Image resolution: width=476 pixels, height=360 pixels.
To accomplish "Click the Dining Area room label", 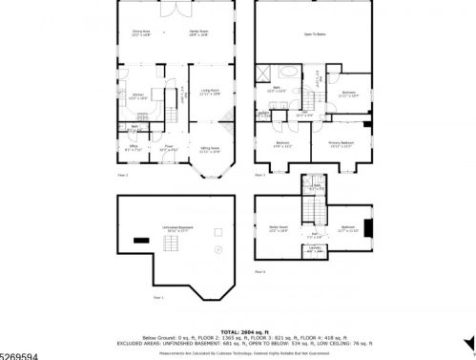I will (142, 33).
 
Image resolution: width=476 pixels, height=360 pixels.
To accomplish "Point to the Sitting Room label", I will (209, 149).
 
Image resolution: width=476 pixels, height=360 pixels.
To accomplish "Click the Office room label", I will (134, 148).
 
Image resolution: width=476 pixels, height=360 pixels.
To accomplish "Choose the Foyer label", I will (167, 148).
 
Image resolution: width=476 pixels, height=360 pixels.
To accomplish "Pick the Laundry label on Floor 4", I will (315, 250).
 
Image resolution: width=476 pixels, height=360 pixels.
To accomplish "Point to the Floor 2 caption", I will (122, 176).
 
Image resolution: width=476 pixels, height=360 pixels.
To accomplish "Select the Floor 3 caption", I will (259, 176).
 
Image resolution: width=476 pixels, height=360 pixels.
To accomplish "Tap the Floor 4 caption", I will (259, 272).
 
